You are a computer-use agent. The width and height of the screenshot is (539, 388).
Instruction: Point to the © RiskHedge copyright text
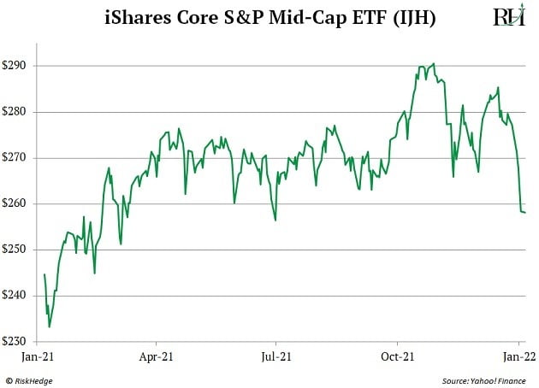click(33, 379)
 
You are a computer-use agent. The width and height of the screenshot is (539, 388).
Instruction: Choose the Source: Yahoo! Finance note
click(485, 379)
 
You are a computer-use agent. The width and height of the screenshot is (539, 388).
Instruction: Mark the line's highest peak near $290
click(434, 63)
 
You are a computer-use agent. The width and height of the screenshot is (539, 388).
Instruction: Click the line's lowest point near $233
click(50, 326)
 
